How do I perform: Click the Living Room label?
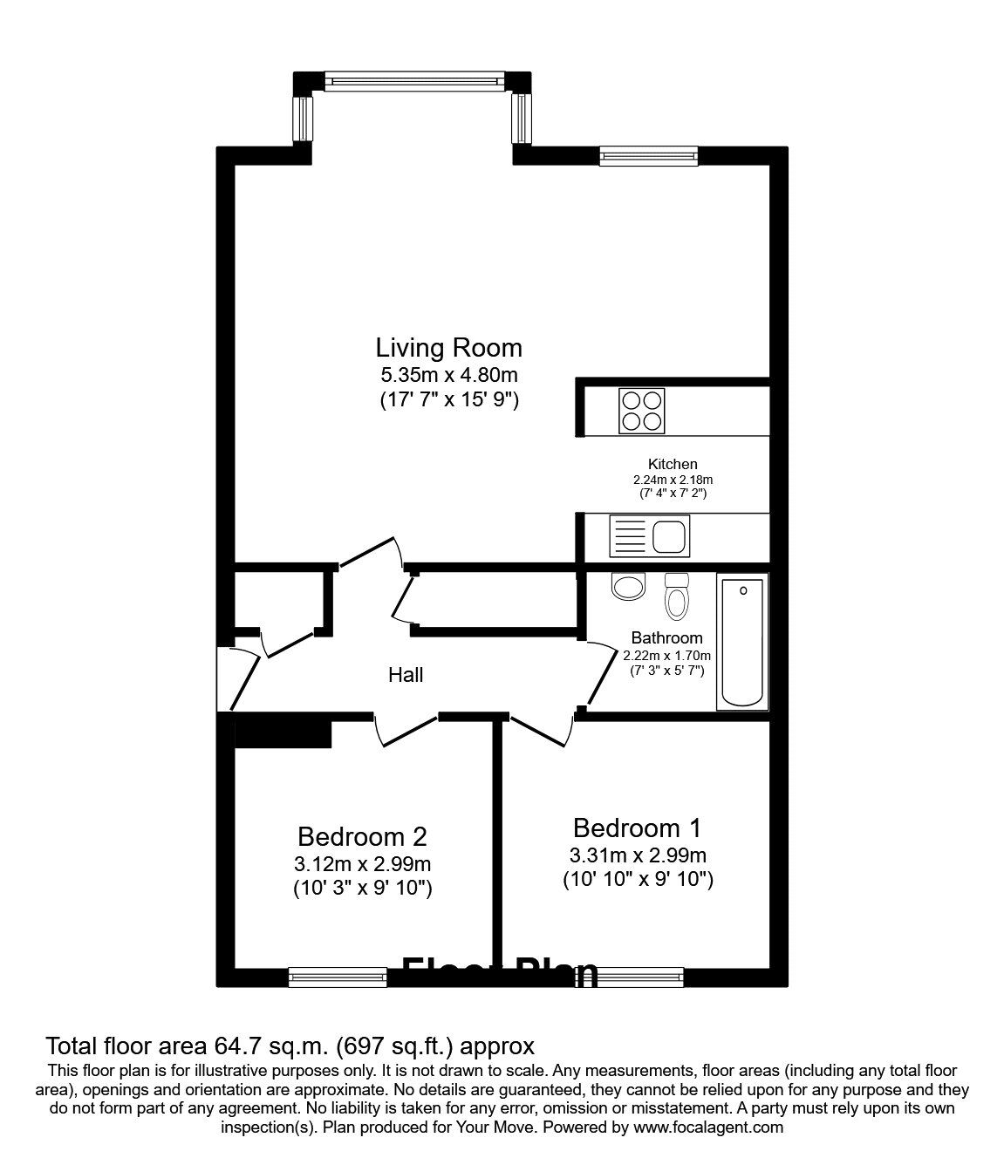(448, 348)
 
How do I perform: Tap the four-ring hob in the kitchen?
(641, 411)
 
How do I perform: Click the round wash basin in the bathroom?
(627, 586)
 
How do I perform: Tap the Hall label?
(406, 675)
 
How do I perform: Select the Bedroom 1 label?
(637, 828)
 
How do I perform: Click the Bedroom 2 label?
(362, 837)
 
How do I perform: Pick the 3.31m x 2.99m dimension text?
(637, 855)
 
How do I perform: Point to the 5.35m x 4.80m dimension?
(448, 376)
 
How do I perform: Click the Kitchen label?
(672, 465)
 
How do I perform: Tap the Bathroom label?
(666, 638)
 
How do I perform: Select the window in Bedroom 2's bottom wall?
(338, 977)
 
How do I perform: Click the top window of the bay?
(413, 81)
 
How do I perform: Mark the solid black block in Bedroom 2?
(283, 732)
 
